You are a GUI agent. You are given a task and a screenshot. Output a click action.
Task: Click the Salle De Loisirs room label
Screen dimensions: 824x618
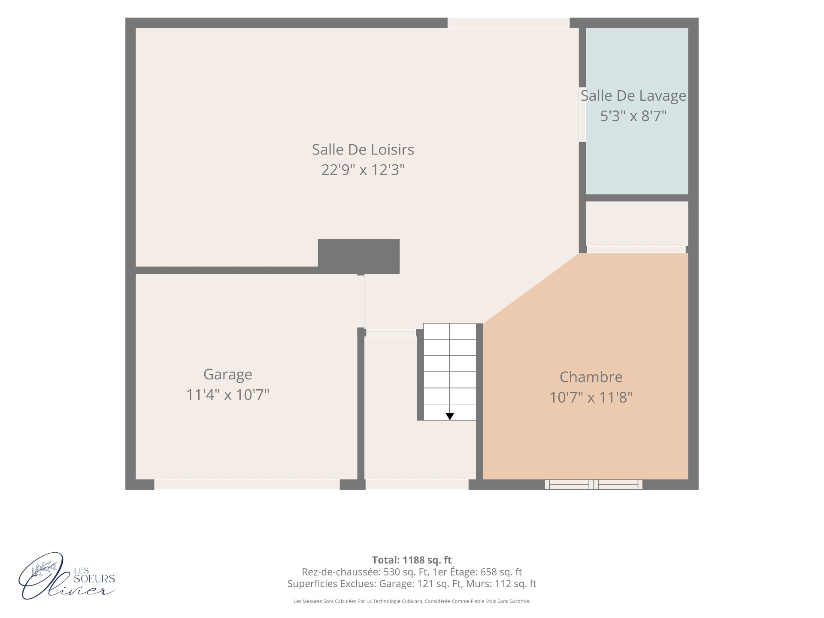click(x=363, y=149)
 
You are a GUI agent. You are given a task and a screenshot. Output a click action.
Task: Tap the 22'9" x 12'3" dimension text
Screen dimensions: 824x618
click(x=363, y=170)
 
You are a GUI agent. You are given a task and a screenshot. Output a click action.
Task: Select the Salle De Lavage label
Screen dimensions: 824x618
click(x=633, y=96)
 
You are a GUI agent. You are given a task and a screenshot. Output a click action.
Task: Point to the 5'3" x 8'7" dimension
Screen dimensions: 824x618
click(x=633, y=116)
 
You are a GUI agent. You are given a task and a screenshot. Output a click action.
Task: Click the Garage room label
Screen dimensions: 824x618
click(x=228, y=375)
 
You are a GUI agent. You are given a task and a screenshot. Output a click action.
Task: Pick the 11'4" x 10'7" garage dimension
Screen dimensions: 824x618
click(x=228, y=394)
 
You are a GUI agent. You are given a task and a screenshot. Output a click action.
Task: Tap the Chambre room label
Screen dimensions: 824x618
click(x=591, y=377)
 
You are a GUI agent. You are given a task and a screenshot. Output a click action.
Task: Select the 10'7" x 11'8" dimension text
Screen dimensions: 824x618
click(x=591, y=397)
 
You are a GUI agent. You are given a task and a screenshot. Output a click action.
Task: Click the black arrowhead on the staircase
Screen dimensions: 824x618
click(x=450, y=416)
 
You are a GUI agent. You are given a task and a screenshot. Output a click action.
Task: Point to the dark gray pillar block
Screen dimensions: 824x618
click(x=359, y=256)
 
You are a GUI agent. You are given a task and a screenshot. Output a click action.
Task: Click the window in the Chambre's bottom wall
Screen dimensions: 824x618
click(x=594, y=485)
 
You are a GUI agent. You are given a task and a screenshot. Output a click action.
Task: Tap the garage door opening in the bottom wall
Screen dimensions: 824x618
click(x=247, y=485)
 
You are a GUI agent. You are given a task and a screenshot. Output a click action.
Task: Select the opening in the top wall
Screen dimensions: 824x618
click(x=509, y=23)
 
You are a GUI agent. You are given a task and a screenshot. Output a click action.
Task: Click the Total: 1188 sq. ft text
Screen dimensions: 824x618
click(x=412, y=560)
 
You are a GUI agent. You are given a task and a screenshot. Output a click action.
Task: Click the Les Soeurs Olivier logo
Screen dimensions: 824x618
click(x=67, y=576)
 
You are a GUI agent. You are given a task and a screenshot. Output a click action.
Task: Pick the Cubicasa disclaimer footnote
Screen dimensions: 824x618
click(x=412, y=601)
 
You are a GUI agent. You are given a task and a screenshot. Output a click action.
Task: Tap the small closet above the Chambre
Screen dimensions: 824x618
click(x=637, y=224)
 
